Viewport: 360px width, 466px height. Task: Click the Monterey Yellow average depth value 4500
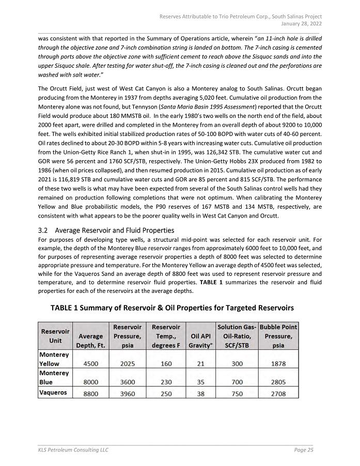tap(91, 364)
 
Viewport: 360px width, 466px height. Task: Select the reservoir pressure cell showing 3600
tap(128, 382)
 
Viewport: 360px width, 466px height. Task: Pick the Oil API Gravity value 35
tap(201, 382)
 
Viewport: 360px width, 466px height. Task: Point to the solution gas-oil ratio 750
tap(237, 394)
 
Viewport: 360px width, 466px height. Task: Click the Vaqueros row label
tap(53, 393)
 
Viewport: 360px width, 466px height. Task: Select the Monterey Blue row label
tap(54, 378)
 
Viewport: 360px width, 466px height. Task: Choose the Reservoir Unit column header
tap(55, 336)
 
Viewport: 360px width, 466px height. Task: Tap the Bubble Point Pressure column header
tap(278, 336)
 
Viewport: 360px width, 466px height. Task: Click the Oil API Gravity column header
tap(201, 340)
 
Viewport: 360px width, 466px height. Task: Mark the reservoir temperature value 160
tap(166, 364)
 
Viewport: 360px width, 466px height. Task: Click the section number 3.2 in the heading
tap(45, 230)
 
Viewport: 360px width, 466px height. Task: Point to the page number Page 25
tap(304, 450)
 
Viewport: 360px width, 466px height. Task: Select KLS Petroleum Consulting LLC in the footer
tap(73, 450)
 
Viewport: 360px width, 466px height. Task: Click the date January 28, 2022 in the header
tap(301, 23)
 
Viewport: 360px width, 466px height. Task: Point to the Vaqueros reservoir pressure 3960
tap(128, 394)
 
